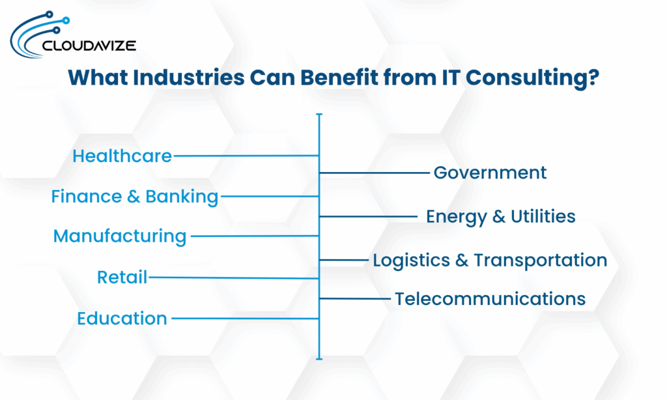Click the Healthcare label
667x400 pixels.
122,156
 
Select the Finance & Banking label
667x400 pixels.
135,196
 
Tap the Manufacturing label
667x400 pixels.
120,236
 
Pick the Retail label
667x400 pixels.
122,278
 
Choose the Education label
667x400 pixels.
122,319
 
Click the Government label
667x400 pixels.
490,173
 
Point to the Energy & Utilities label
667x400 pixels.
500,216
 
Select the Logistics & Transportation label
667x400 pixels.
490,260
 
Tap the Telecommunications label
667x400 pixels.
490,298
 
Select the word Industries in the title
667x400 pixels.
187,78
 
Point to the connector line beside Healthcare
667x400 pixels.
246,156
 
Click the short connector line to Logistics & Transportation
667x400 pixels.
344,260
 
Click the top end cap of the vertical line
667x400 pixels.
319,115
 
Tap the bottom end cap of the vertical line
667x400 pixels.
319,358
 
